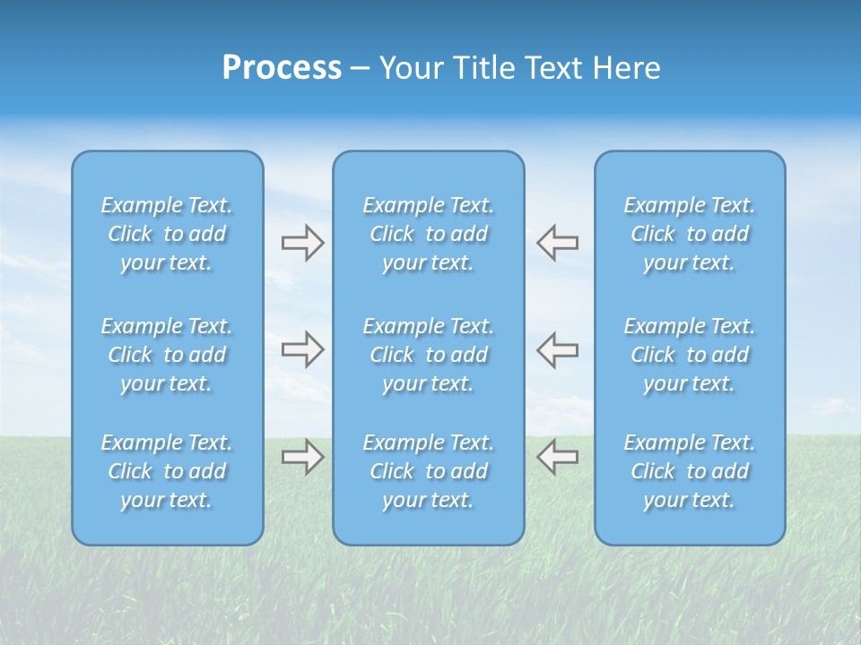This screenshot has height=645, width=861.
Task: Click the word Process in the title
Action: click(x=282, y=68)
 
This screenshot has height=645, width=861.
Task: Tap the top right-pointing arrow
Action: click(x=302, y=243)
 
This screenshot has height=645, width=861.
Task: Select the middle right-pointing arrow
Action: click(x=302, y=348)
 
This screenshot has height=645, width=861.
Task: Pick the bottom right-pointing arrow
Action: click(x=302, y=456)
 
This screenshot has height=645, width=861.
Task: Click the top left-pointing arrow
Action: click(x=557, y=243)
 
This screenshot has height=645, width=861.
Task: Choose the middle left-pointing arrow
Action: click(x=557, y=348)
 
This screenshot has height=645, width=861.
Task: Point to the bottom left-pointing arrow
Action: click(x=557, y=456)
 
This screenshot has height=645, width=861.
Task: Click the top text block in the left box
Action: click(x=167, y=234)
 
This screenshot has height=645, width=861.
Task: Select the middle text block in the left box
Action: click(x=167, y=355)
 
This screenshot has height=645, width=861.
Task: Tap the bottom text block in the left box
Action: click(x=167, y=471)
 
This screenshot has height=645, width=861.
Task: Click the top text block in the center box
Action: click(x=428, y=234)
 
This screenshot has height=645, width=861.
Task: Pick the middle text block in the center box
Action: click(x=428, y=355)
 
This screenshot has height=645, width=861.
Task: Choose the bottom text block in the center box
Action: click(x=428, y=471)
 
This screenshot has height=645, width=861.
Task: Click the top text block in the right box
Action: click(x=689, y=234)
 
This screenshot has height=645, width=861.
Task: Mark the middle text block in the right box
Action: click(x=689, y=355)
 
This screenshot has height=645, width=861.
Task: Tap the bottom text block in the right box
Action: click(x=689, y=471)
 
